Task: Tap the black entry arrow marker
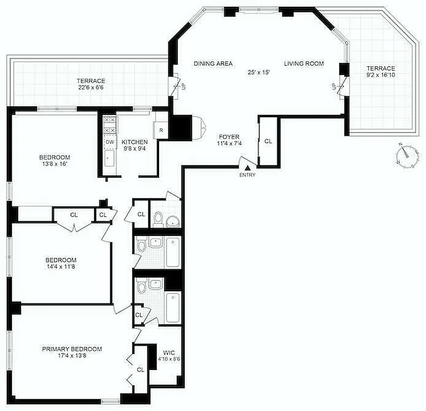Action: pyautogui.click(x=247, y=167)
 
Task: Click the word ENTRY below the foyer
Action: pyautogui.click(x=247, y=175)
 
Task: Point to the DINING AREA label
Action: pyautogui.click(x=213, y=64)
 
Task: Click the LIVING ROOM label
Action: pyautogui.click(x=304, y=64)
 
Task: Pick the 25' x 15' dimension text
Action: pyautogui.click(x=259, y=72)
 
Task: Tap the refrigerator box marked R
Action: pyautogui.click(x=161, y=130)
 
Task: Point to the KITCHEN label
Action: pyautogui.click(x=135, y=142)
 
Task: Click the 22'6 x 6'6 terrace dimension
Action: pyautogui.click(x=91, y=88)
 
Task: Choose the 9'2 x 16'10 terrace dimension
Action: pyautogui.click(x=380, y=76)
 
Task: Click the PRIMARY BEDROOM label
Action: pyautogui.click(x=72, y=349)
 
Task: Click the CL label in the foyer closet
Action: pyautogui.click(x=268, y=141)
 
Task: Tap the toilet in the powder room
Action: pyautogui.click(x=158, y=218)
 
